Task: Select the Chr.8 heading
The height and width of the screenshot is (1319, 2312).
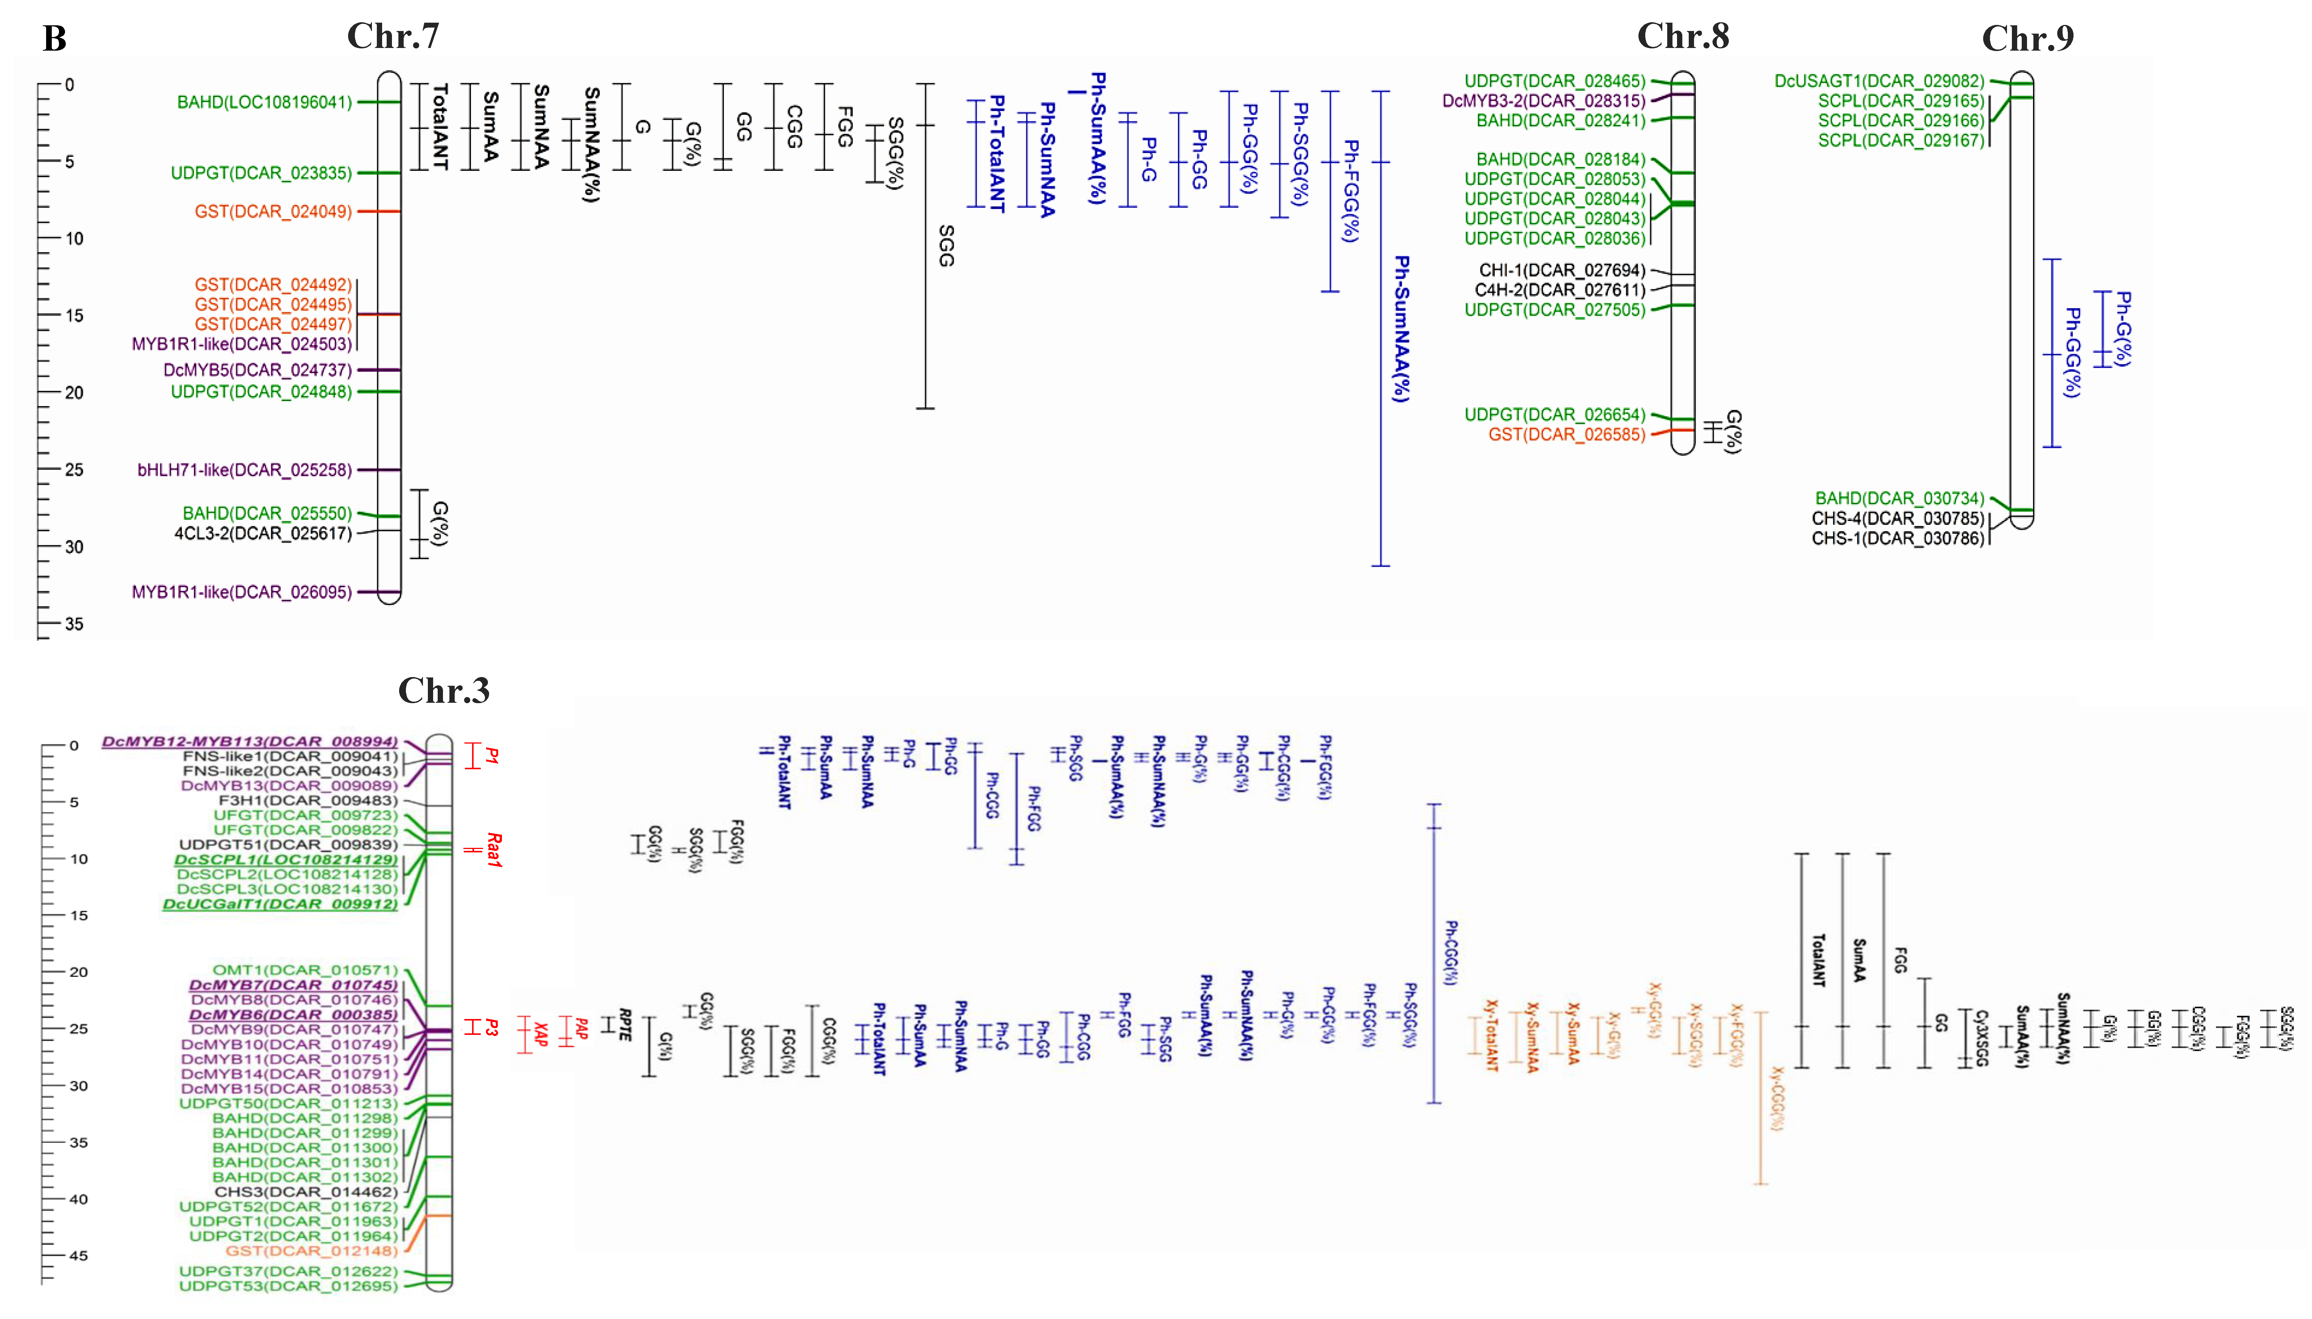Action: [1682, 36]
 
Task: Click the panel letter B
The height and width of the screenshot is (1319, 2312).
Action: [54, 38]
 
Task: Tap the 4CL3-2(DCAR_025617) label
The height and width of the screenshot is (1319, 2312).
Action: [263, 533]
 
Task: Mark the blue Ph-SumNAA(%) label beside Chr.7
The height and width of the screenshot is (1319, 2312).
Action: [1401, 328]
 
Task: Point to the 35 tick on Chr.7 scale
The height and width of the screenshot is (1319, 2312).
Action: [73, 623]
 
